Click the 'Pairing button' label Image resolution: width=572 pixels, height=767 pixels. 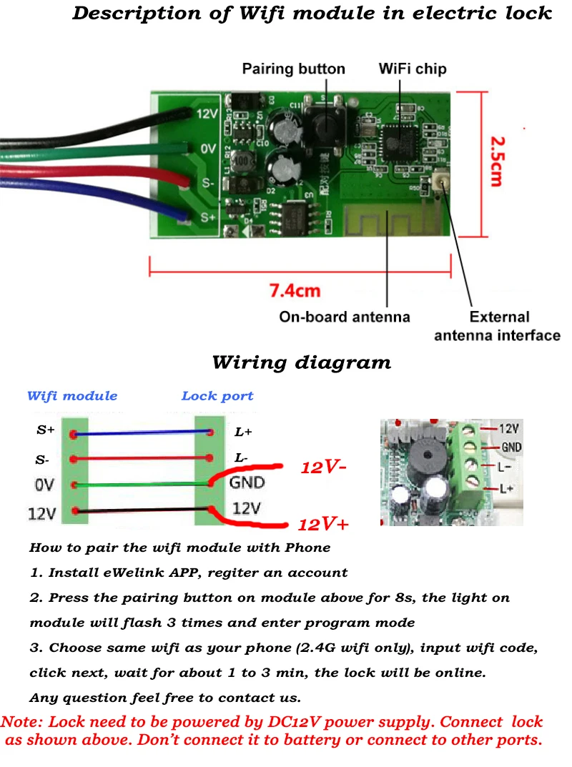pyautogui.click(x=293, y=69)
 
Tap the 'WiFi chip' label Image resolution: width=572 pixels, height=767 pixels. pyautogui.click(x=412, y=69)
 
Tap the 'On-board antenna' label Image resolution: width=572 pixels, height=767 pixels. pyautogui.click(x=344, y=317)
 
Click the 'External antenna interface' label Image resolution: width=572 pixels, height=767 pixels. pyautogui.click(x=498, y=326)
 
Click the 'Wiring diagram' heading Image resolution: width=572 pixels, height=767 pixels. pyautogui.click(x=301, y=362)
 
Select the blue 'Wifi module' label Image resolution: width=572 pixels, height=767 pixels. pyautogui.click(x=72, y=396)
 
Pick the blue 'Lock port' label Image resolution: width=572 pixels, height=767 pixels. pyautogui.click(x=217, y=396)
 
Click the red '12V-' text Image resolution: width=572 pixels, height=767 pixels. pyautogui.click(x=324, y=468)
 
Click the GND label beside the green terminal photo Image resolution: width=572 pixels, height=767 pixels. pyautogui.click(x=511, y=447)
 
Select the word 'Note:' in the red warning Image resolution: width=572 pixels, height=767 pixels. pyautogui.click(x=22, y=722)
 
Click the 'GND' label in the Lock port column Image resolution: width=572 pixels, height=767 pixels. pyautogui.click(x=247, y=483)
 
